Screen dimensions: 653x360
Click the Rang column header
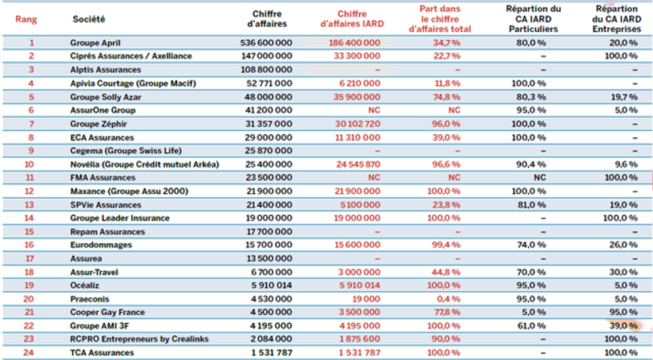click(x=26, y=19)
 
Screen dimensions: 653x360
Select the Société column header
click(x=89, y=18)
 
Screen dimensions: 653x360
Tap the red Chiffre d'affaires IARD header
click(x=352, y=19)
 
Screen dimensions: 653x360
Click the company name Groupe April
click(x=95, y=43)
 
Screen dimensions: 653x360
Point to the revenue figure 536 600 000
click(x=266, y=43)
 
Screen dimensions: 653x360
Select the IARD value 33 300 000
click(x=357, y=56)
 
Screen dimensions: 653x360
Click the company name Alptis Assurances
click(x=106, y=70)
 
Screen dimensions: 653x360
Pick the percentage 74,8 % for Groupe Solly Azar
click(x=446, y=97)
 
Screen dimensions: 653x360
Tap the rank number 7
click(x=30, y=124)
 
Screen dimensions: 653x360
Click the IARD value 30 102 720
click(x=357, y=124)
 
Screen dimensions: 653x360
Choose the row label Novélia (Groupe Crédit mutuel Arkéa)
click(x=144, y=164)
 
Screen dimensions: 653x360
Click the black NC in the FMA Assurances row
click(x=540, y=178)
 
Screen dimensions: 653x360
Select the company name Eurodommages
click(x=101, y=245)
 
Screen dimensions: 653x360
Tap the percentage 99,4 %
click(x=446, y=245)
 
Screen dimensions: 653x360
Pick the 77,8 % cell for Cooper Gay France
click(x=447, y=313)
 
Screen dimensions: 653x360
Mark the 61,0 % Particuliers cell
click(x=531, y=326)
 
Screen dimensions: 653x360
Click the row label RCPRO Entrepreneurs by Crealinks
click(x=139, y=339)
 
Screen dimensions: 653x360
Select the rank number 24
click(x=28, y=353)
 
